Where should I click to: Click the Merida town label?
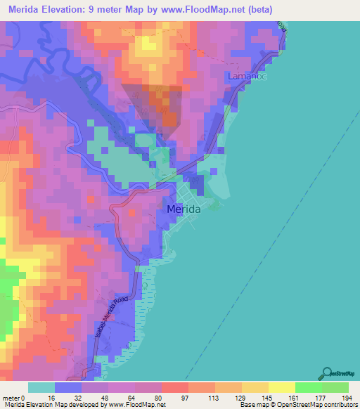[184, 209]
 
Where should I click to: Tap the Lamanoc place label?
[245, 75]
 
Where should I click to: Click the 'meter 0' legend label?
[14, 397]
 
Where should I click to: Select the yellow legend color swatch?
[282, 387]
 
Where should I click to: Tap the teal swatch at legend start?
[41, 387]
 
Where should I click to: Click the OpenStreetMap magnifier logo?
[326, 372]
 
